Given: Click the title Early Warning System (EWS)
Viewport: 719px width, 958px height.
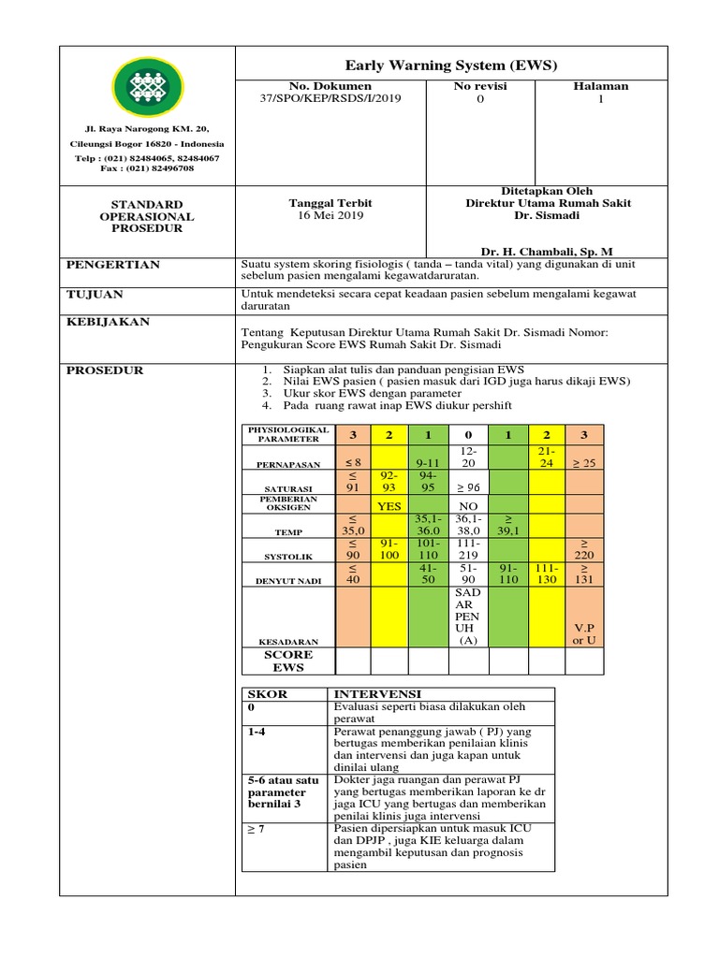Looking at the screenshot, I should pyautogui.click(x=451, y=65).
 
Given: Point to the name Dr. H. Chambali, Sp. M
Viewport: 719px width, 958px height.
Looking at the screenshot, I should pyautogui.click(x=547, y=252).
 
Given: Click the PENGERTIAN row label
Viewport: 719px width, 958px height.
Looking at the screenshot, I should pyautogui.click(x=112, y=265).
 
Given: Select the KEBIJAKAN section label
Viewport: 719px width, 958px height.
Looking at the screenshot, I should pyautogui.click(x=109, y=322).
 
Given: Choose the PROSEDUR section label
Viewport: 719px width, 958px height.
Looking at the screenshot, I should pyautogui.click(x=104, y=370).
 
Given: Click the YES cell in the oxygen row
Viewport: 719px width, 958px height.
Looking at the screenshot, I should pyautogui.click(x=389, y=506).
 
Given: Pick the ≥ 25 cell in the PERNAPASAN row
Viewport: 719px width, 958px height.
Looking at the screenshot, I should pyautogui.click(x=583, y=462).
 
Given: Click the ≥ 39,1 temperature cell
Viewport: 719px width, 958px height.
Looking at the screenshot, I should pyautogui.click(x=506, y=526).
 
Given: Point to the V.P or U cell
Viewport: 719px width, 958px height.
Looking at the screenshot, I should pyautogui.click(x=583, y=634).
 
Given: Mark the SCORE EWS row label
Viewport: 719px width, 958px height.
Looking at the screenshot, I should pyautogui.click(x=288, y=660).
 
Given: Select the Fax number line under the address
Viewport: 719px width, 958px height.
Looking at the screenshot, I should pyautogui.click(x=147, y=168).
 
